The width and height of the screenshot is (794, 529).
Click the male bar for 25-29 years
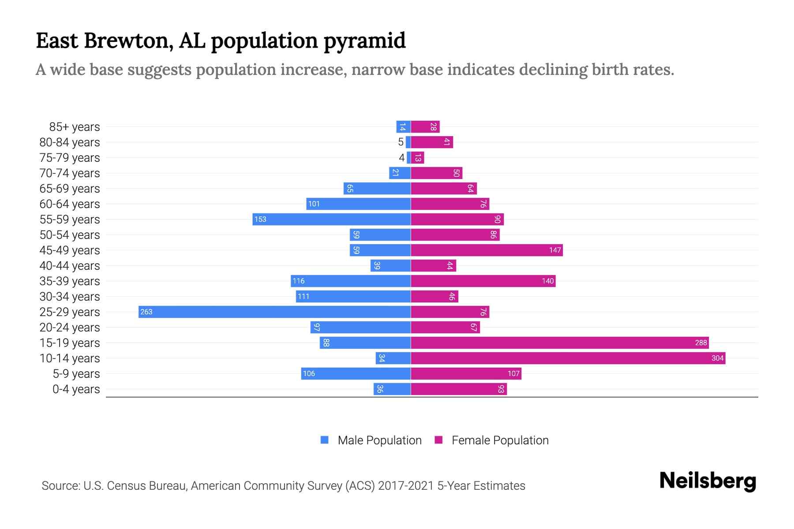[x=274, y=312]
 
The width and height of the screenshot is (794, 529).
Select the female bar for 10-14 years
[x=568, y=358]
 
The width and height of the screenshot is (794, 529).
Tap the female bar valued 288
[x=559, y=343]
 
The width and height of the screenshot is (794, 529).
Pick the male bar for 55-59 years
[x=331, y=220]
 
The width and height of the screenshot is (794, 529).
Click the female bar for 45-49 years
[x=487, y=250]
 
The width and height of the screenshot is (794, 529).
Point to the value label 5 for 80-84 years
[x=401, y=142]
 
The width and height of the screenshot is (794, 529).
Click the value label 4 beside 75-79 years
[x=401, y=158]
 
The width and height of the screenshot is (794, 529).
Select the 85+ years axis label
[x=74, y=127]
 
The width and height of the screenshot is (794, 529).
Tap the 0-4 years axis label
[x=76, y=389]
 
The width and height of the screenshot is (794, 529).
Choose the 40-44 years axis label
[x=70, y=266]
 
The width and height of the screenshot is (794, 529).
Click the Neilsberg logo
[x=708, y=481]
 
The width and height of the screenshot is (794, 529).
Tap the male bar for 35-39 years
[x=351, y=281]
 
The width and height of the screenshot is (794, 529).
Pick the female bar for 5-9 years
[x=466, y=374]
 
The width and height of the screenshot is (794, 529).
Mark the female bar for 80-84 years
[x=432, y=142]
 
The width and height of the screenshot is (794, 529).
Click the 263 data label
[x=146, y=312]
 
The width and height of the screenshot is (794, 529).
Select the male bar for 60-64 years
[x=358, y=204]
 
